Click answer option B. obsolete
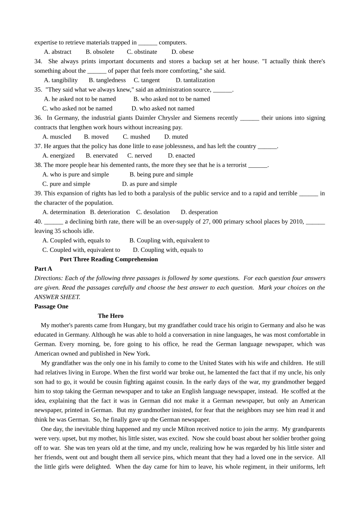(x=100, y=52)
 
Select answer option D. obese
(x=182, y=52)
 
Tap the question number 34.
(x=38, y=61)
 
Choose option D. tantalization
(x=195, y=80)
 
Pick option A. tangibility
(x=61, y=80)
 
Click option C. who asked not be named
(x=77, y=109)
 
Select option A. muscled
(x=57, y=137)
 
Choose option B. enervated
(x=102, y=156)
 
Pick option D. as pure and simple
(x=149, y=184)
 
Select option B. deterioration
(x=110, y=212)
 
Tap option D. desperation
(x=199, y=212)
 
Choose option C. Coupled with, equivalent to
(x=81, y=250)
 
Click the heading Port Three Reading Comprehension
(x=109, y=259)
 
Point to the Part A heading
(x=43, y=269)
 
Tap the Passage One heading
(x=51, y=306)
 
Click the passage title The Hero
(x=111, y=316)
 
